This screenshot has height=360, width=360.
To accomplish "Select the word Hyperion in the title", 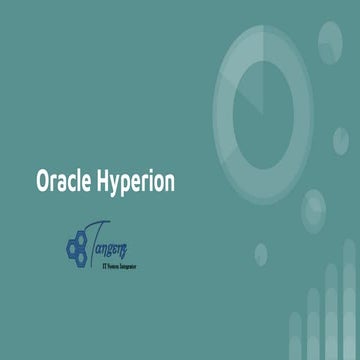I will click(135, 183).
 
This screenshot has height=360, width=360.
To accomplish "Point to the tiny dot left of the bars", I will click(261, 252).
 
